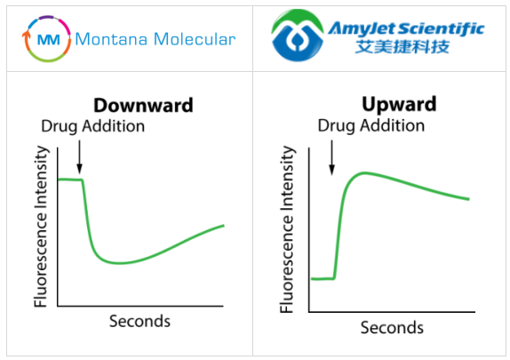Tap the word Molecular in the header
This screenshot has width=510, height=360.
(x=192, y=39)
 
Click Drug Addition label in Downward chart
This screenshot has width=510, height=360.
(x=92, y=126)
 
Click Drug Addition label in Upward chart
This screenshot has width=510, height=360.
(x=371, y=125)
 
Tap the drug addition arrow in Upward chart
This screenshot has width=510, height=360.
(x=331, y=157)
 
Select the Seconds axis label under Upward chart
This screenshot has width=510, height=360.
(x=392, y=328)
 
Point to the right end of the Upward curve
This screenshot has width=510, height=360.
(x=468, y=199)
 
